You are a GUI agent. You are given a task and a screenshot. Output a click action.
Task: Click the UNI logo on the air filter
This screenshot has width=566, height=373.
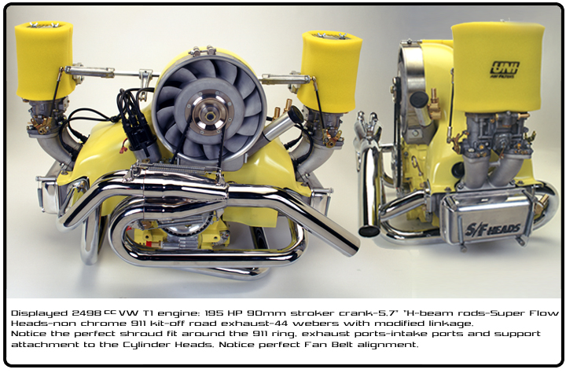[504, 69]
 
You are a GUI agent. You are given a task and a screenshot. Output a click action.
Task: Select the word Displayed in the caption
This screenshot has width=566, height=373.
[39, 313]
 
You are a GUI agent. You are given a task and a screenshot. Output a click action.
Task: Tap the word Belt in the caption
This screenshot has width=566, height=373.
[341, 345]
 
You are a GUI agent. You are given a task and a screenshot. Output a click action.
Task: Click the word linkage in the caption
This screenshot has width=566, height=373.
[451, 324]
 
